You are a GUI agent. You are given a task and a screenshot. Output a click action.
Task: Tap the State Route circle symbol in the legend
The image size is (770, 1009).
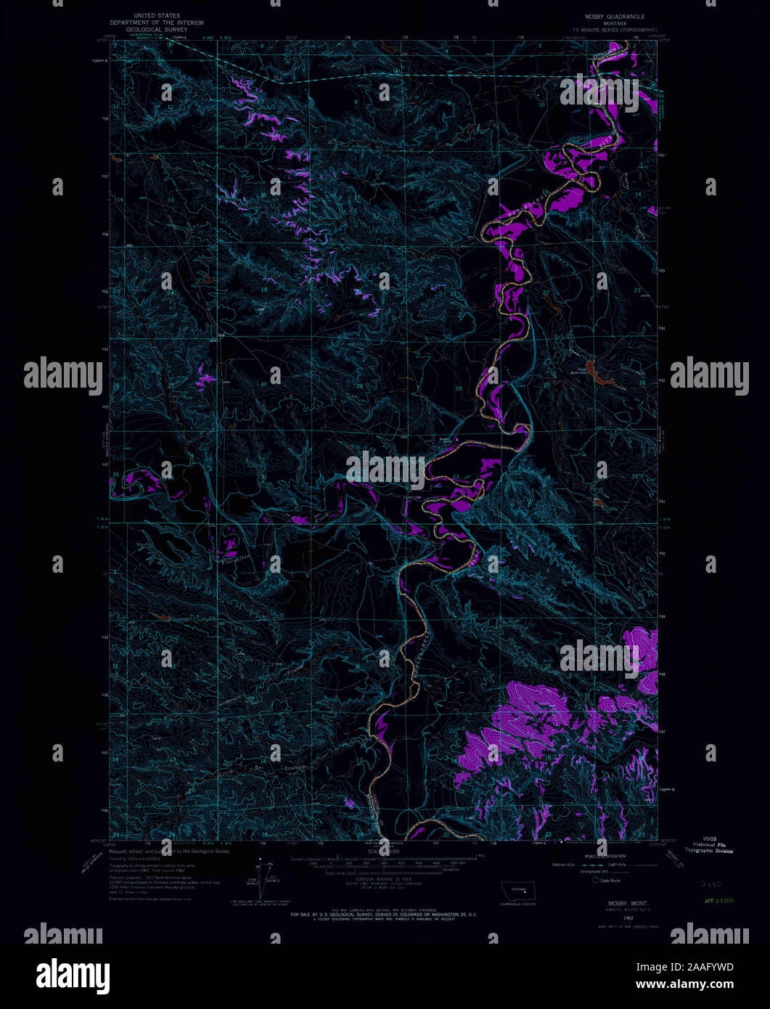[x=597, y=880]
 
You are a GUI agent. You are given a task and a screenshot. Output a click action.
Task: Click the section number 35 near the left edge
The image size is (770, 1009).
[x=116, y=475]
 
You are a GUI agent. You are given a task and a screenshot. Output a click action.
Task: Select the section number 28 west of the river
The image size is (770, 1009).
[x=458, y=390]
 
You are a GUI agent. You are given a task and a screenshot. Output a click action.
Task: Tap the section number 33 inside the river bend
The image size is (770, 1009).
[x=456, y=476]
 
